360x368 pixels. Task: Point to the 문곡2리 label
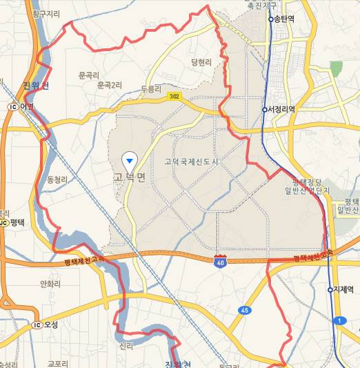tap(109, 86)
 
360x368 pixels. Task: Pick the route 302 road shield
tap(174, 97)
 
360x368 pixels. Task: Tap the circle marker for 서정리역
tap(264, 109)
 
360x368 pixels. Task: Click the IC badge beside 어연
tap(12, 106)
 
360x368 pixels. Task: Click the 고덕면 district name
tap(130, 177)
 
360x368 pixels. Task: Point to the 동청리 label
tap(57, 180)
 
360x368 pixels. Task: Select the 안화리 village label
tap(51, 284)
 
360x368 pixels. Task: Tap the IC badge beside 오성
tap(37, 325)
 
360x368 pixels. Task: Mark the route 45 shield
tap(245, 310)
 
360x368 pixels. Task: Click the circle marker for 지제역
tap(330, 289)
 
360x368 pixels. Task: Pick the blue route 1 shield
tap(339, 320)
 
